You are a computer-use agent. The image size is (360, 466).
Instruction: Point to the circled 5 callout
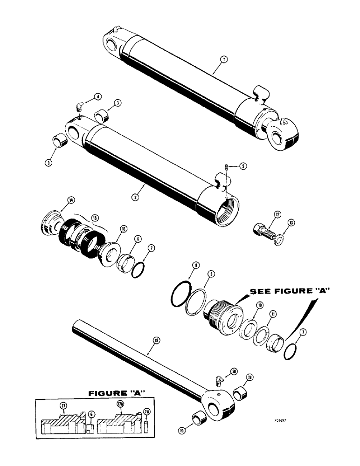pos(242,166)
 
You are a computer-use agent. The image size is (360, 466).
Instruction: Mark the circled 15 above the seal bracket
pos(95,217)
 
